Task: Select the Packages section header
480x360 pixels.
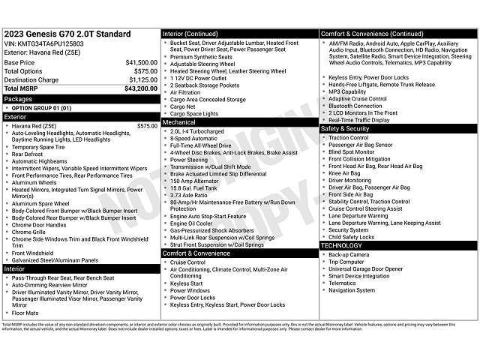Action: pos(18,99)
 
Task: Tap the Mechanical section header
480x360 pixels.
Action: pos(179,121)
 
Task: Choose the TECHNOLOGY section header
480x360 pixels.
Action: pos(342,245)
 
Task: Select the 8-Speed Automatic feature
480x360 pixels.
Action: pos(193,138)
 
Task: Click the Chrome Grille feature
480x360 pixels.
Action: pos(31,232)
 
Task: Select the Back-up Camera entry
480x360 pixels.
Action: pos(349,255)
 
